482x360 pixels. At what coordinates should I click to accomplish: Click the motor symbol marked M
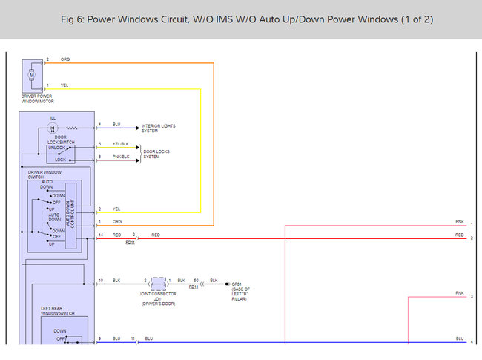click(32, 74)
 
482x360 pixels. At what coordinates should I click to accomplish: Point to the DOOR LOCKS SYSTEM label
click(156, 154)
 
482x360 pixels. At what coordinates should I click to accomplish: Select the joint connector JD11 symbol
click(159, 284)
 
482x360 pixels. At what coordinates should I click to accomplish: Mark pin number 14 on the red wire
click(100, 235)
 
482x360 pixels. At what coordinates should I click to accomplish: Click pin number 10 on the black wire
click(100, 280)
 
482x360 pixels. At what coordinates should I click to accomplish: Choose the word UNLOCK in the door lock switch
click(56, 147)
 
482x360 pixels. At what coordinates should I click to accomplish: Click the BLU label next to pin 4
click(116, 124)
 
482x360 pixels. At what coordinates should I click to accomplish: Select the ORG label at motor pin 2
click(65, 59)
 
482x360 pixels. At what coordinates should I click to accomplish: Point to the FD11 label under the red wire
click(131, 242)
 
